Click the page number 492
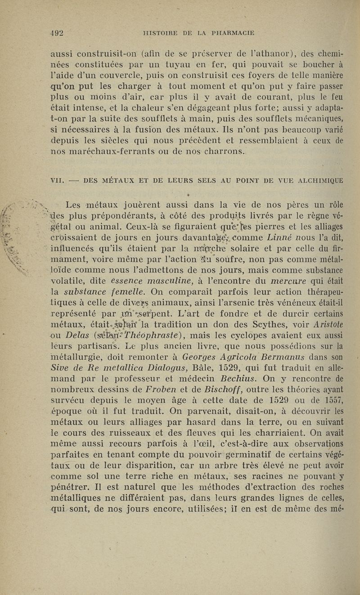(56, 32)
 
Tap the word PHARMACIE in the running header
(229, 32)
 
